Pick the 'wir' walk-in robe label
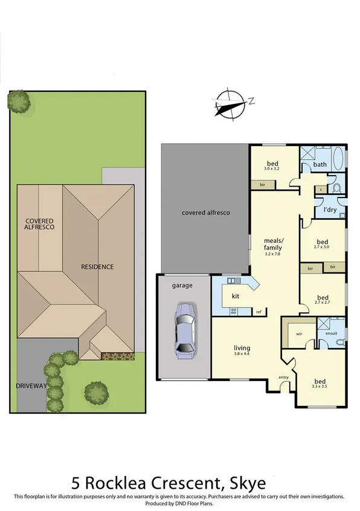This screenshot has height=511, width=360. pyautogui.click(x=299, y=333)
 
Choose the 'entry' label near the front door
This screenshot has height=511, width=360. pyautogui.click(x=283, y=378)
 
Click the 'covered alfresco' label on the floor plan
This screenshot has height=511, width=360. pyautogui.click(x=205, y=213)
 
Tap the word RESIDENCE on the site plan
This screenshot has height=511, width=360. pyautogui.click(x=98, y=266)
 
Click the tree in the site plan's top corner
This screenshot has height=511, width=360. pyautogui.click(x=19, y=101)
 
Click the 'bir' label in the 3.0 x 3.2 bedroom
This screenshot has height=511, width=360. pyautogui.click(x=263, y=184)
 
